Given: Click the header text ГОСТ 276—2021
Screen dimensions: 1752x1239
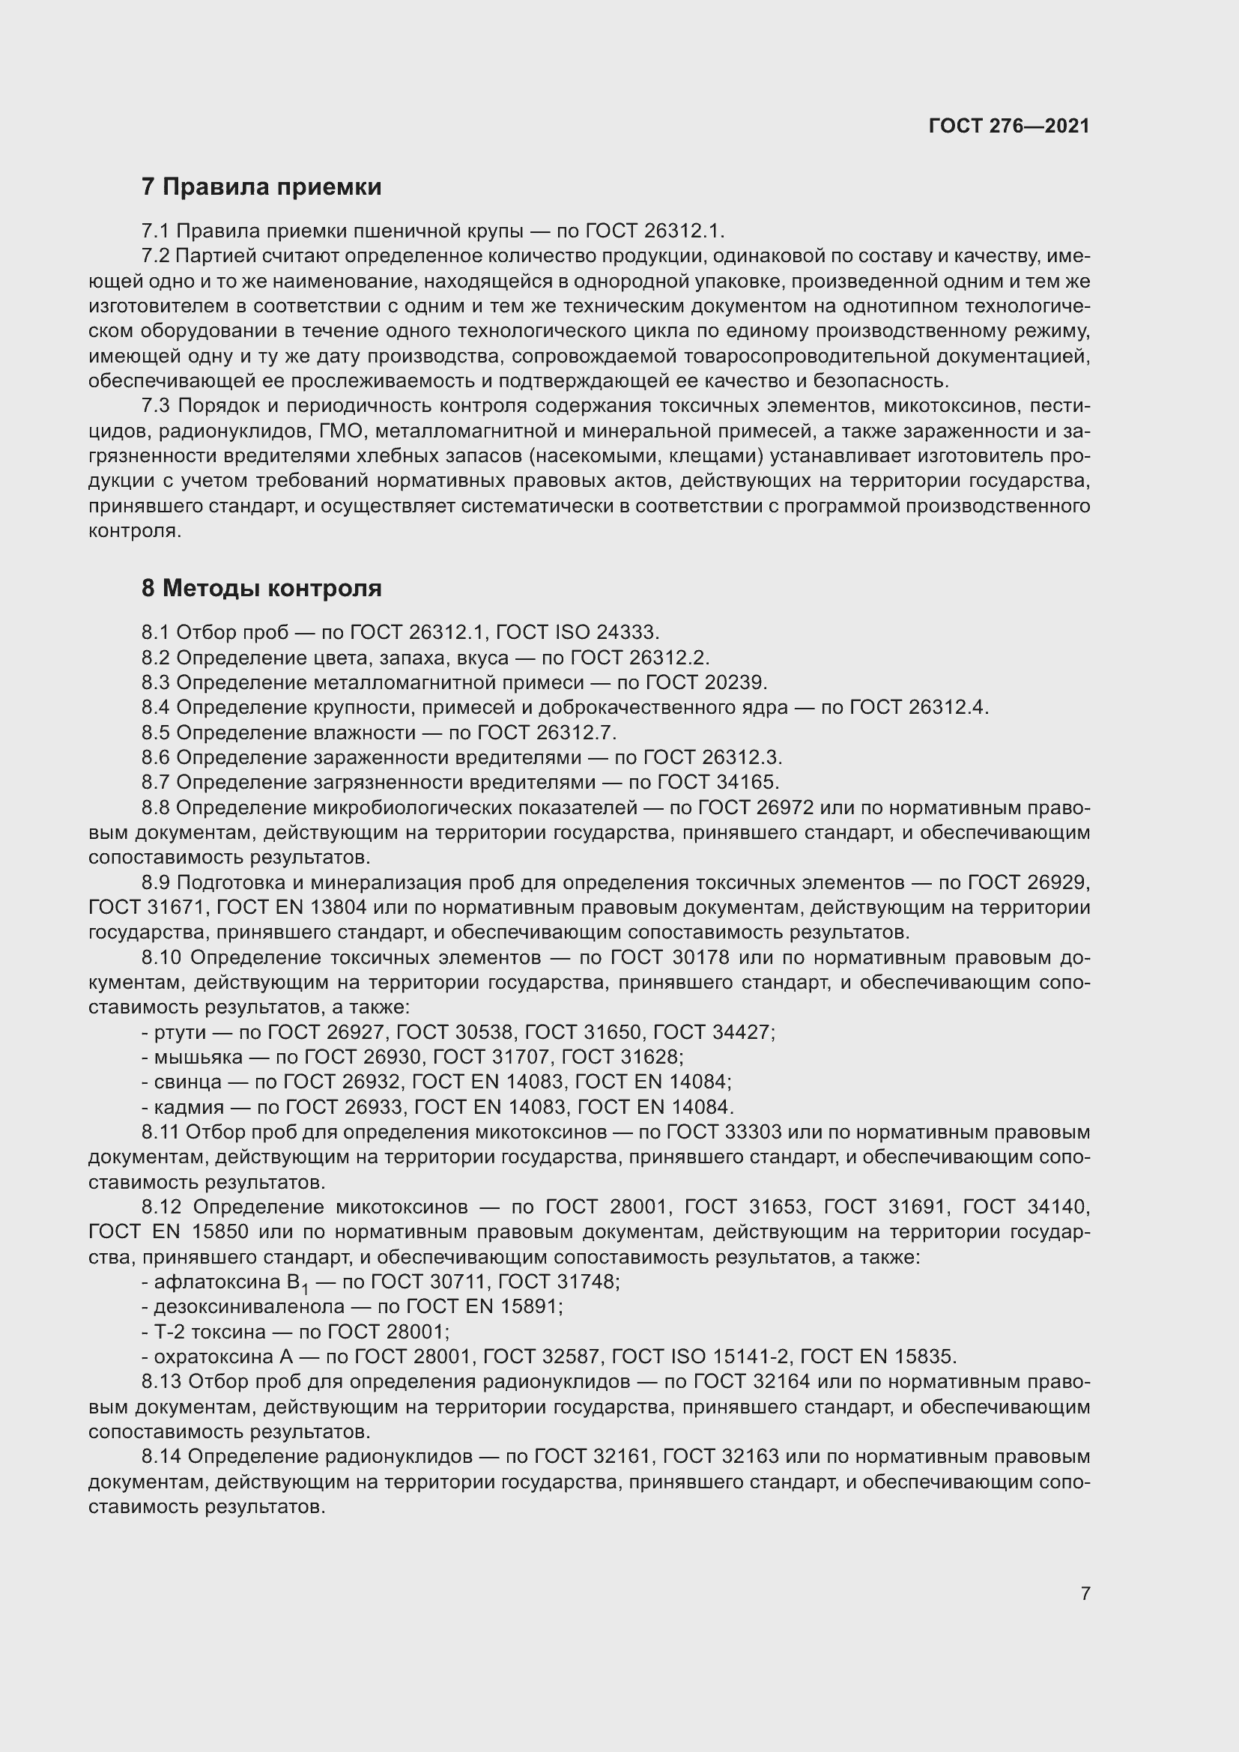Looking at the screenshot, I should coord(1008,126).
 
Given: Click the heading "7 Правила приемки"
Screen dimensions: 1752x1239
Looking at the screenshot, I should coord(261,187).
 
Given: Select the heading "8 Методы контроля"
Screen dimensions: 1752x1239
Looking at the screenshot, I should coord(261,588).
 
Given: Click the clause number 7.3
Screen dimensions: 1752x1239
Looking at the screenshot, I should coord(157,407).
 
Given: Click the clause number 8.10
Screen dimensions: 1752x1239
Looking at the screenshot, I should coord(160,958).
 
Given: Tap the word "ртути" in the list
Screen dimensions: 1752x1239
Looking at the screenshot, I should coord(180,1032).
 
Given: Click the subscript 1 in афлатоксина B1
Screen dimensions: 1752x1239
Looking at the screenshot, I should coord(305,1290).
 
